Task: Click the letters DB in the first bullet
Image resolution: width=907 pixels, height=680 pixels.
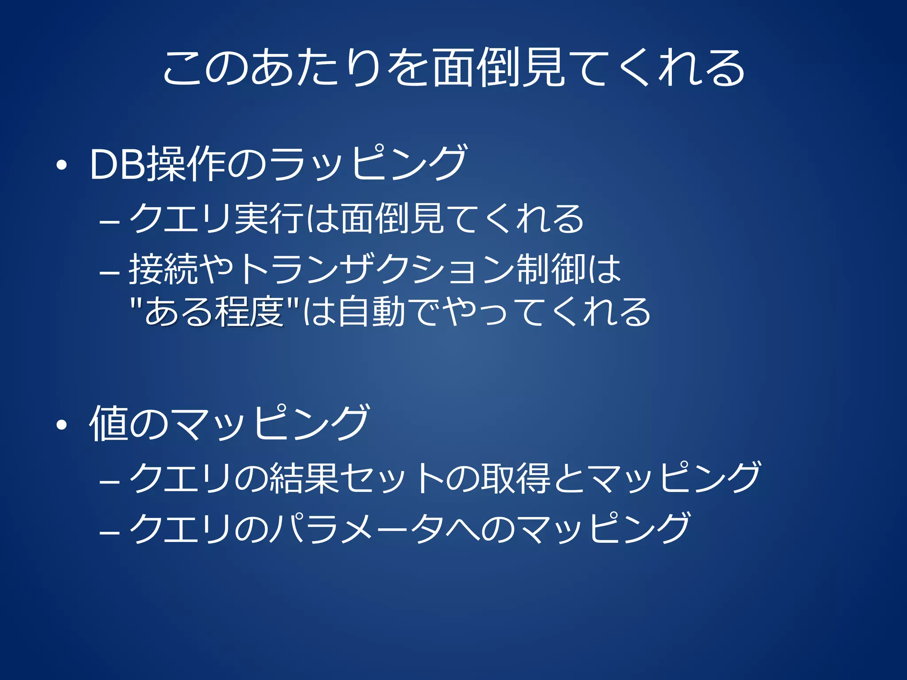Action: point(117,164)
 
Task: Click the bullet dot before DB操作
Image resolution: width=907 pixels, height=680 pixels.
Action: point(62,166)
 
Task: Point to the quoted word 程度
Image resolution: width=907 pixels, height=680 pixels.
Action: point(248,312)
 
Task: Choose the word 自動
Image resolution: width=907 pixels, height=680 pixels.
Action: point(371,312)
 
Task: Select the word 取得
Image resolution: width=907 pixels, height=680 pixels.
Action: point(516,479)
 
